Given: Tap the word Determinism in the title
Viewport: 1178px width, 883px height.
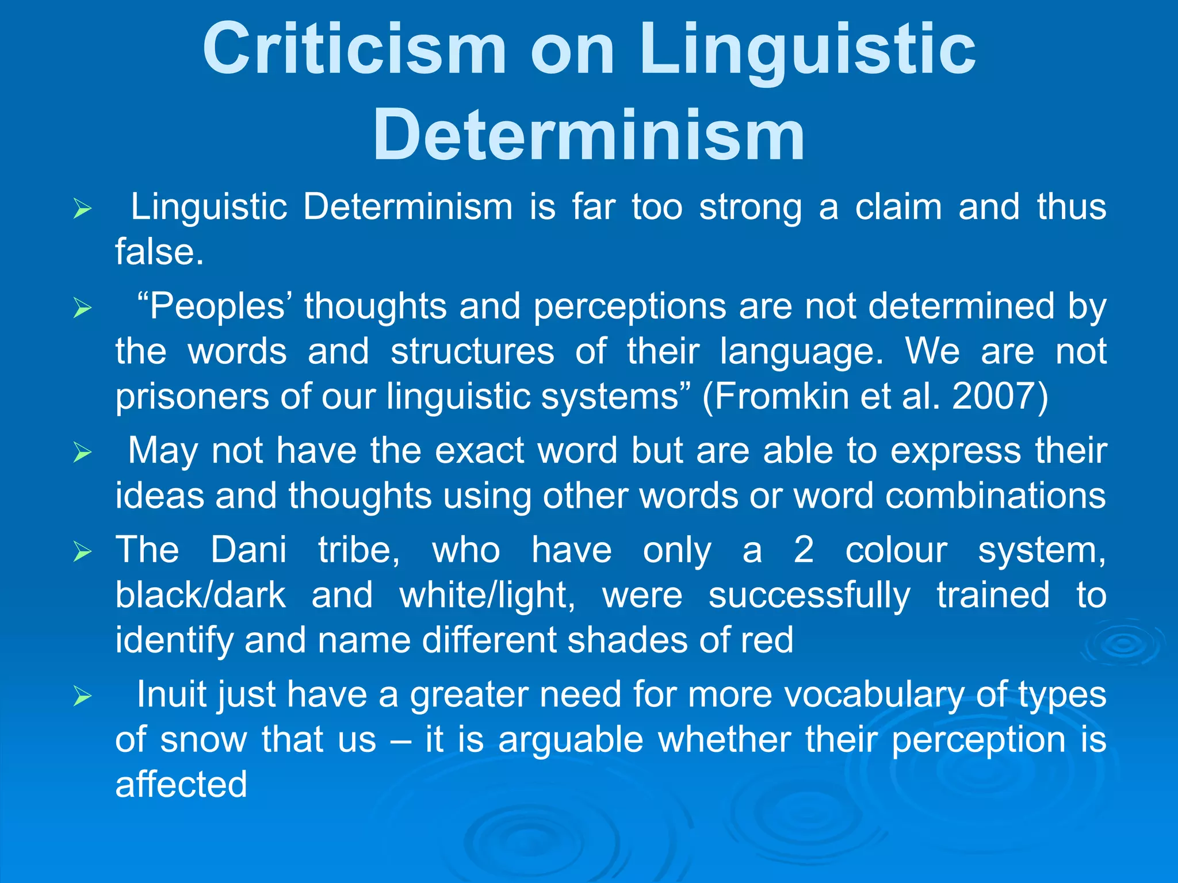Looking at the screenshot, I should pos(588,136).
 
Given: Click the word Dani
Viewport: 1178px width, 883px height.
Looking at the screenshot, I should pos(248,550).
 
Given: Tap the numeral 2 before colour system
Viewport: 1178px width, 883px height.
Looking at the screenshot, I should pos(804,550).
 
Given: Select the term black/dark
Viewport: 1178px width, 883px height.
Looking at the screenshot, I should pos(200,595).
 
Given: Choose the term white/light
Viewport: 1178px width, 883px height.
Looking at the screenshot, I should pos(487,595).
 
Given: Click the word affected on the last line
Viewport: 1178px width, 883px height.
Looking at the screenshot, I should pos(181,784).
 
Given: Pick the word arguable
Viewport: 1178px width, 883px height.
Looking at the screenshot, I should pos(571,739).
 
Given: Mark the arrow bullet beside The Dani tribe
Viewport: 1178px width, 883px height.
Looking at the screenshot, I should pos(83,552).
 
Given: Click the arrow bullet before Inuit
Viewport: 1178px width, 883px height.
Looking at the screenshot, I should pos(83,697).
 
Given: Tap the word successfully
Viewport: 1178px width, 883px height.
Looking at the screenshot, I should pos(809,595).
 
